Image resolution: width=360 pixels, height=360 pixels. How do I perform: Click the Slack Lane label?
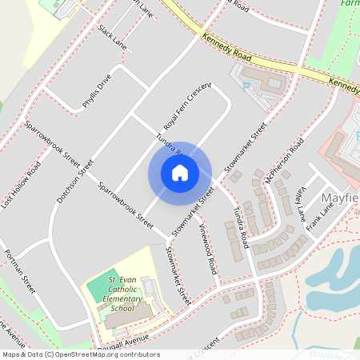pos(112,36)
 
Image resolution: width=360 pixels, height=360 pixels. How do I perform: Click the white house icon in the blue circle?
pos(180,172)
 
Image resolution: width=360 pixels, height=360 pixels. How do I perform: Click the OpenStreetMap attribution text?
pos(80,354)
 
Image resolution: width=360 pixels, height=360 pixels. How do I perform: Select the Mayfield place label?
pos(339,197)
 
